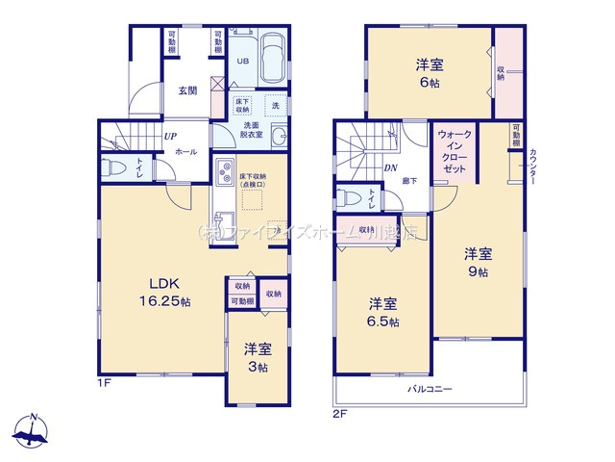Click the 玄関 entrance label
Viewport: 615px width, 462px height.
tap(187, 91)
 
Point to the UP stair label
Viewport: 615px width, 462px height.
tap(169, 137)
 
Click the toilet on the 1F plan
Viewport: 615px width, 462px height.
tap(115, 167)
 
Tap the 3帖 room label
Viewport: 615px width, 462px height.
tap(256, 357)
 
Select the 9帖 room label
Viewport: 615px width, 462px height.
tap(479, 263)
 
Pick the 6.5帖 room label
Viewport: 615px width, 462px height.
tap(382, 312)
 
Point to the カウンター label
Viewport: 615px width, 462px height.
tap(532, 167)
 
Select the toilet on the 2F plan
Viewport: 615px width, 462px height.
tap(352, 199)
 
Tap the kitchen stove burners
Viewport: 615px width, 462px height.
tap(225, 174)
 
